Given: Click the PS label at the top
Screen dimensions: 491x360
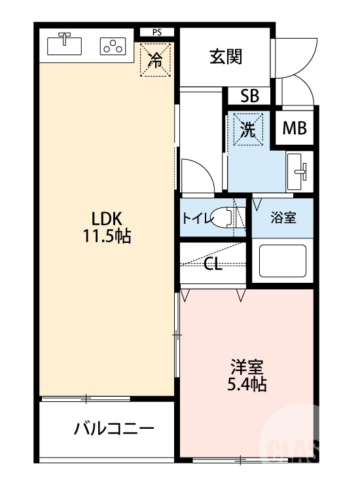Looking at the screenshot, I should click(x=156, y=31).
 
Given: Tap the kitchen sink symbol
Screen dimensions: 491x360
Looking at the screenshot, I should click(x=64, y=45).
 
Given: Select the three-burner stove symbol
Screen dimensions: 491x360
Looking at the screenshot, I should click(x=113, y=46).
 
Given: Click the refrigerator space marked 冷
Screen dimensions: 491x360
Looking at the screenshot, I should click(x=156, y=60).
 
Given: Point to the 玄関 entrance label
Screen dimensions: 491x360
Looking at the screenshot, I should click(x=226, y=57).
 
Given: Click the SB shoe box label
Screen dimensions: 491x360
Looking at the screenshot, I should click(x=249, y=96).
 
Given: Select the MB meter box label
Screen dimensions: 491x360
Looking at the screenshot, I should click(x=295, y=128).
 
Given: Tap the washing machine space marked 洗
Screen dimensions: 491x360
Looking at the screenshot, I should click(x=248, y=129).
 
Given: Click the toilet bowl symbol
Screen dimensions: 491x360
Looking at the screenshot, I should click(x=226, y=218).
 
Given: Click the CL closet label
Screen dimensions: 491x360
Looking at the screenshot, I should click(x=212, y=264).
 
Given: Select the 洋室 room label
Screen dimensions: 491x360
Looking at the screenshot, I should click(x=247, y=366).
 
